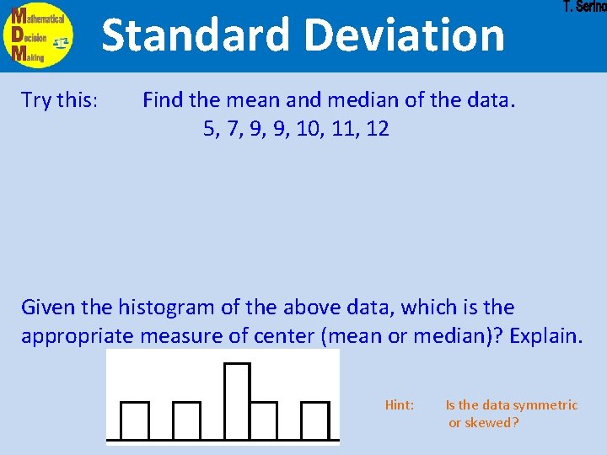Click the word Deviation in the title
405,35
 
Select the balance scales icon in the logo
60,42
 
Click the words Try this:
59,100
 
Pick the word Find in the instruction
164,100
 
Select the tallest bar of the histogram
237,400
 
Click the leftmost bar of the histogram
135,420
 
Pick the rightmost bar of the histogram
314,420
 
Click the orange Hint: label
399,405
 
